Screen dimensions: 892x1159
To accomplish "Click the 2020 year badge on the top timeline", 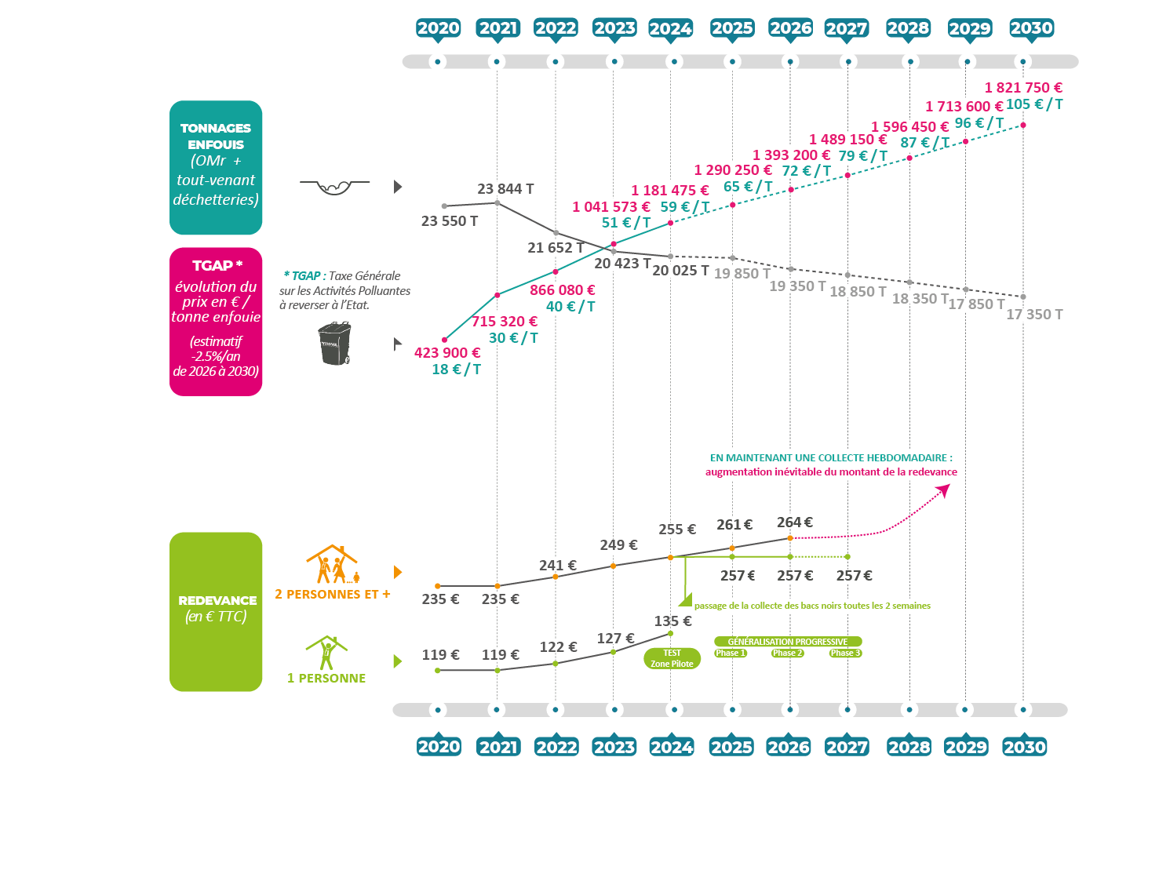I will [438, 28].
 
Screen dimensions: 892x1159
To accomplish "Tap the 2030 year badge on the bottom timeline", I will [1024, 747].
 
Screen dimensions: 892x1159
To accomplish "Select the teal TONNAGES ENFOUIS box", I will [216, 167].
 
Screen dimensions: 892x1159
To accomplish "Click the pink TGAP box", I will [216, 322].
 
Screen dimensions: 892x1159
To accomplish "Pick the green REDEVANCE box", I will [216, 611].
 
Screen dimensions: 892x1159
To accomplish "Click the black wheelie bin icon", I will [335, 344].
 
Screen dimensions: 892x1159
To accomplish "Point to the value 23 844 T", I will [505, 189].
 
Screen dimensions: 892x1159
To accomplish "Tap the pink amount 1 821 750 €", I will [1023, 88].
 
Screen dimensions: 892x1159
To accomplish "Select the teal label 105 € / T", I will [1034, 104].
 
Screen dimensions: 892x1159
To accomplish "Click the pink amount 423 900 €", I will [447, 353].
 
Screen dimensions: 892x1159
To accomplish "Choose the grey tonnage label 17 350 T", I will [1034, 315].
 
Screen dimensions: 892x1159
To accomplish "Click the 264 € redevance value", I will [795, 522].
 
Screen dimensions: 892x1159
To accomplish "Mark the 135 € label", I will [673, 621].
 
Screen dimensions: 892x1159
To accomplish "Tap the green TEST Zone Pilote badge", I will [672, 658].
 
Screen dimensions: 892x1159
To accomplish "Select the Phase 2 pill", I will [787, 653].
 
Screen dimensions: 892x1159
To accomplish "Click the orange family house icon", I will [332, 565].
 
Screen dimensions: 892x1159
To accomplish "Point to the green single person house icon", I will [326, 653].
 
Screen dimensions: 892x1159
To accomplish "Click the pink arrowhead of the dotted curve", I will [943, 490].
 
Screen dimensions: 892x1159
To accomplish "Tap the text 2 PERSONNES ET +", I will [333, 595].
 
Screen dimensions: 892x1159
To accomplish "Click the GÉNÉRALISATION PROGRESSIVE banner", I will [787, 641].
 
